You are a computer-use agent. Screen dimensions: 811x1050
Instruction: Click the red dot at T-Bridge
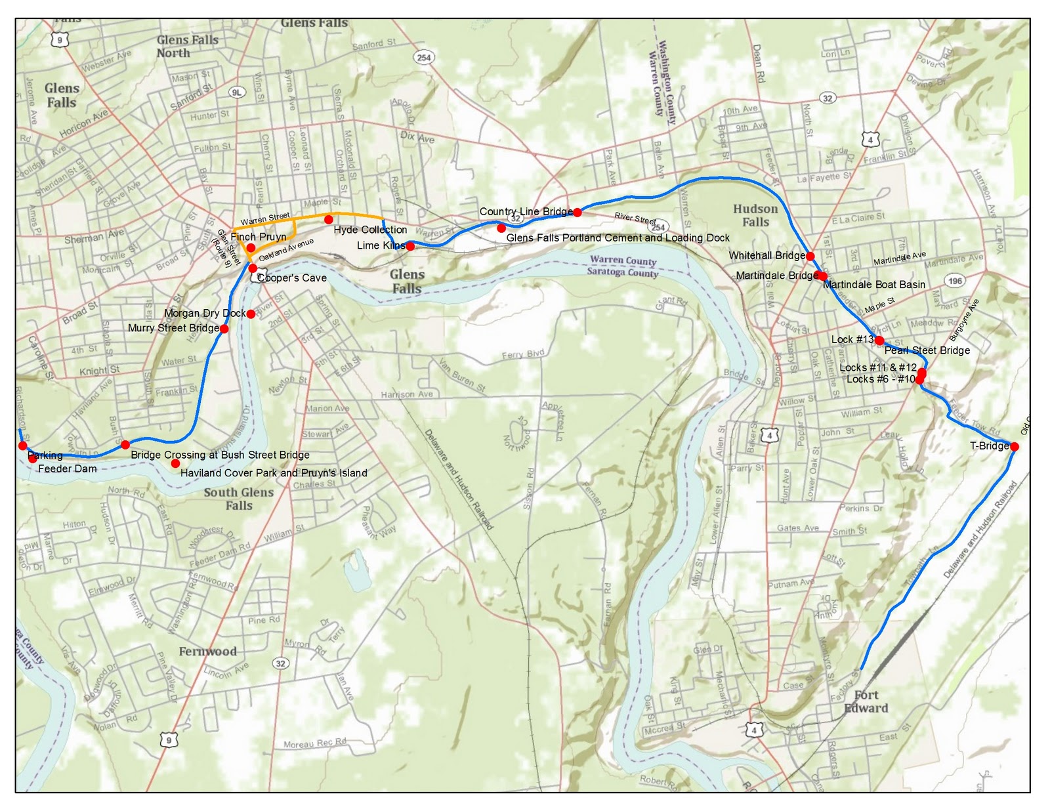pyautogui.click(x=1014, y=447)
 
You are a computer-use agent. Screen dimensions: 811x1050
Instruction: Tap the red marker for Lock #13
pyautogui.click(x=879, y=340)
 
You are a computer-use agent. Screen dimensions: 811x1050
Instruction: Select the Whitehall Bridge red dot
pyautogui.click(x=810, y=256)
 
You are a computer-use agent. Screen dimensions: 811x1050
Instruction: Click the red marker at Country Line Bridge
pyautogui.click(x=577, y=212)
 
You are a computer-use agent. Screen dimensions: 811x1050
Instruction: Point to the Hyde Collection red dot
pyautogui.click(x=328, y=219)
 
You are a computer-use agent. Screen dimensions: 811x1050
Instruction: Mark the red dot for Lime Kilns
pyautogui.click(x=410, y=247)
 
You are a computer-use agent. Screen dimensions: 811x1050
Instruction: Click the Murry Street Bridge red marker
pyautogui.click(x=224, y=329)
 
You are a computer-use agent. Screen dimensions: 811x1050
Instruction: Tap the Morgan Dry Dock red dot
pyautogui.click(x=251, y=314)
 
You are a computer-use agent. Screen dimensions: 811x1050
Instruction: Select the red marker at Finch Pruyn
pyautogui.click(x=251, y=247)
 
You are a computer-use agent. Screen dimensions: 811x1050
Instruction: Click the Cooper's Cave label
pyautogui.click(x=292, y=278)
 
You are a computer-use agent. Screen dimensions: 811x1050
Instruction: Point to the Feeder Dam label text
pyautogui.click(x=67, y=468)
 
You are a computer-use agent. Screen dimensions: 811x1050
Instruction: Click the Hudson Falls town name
pyautogui.click(x=755, y=215)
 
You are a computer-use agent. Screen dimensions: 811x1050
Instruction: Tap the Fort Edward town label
pyautogui.click(x=866, y=701)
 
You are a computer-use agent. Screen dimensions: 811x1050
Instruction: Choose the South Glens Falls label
pyautogui.click(x=238, y=499)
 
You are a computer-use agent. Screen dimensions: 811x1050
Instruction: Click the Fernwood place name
pyautogui.click(x=207, y=652)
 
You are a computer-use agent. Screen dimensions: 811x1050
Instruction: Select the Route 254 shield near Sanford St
pyautogui.click(x=424, y=58)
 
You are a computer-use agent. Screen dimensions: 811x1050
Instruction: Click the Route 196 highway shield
pyautogui.click(x=955, y=281)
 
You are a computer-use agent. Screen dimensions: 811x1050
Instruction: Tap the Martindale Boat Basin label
pyautogui.click(x=874, y=285)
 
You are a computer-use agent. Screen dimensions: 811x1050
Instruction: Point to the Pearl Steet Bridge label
pyautogui.click(x=927, y=350)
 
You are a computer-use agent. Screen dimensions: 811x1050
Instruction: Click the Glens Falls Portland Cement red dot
pyautogui.click(x=501, y=228)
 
